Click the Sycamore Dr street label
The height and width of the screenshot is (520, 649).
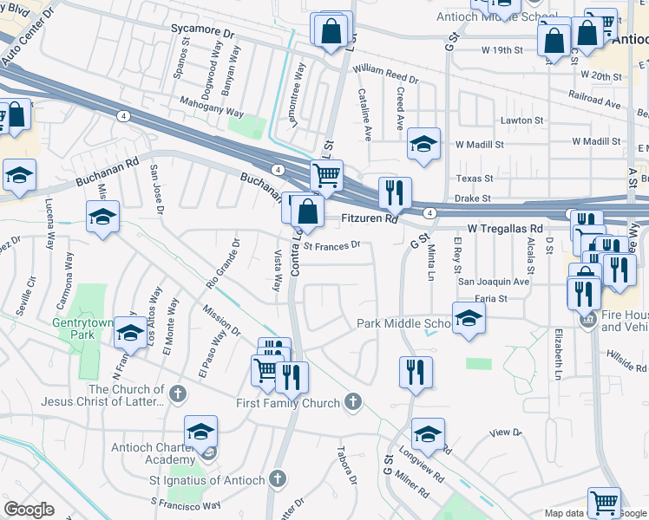click(204, 30)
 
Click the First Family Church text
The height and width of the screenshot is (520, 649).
click(288, 403)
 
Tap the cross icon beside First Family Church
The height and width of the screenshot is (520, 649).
click(352, 401)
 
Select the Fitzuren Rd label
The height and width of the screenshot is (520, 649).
click(368, 220)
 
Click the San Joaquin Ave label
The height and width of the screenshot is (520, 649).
click(494, 282)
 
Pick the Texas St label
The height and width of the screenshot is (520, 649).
click(475, 179)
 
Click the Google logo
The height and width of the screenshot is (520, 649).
click(29, 509)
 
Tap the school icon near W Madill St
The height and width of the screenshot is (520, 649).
click(423, 145)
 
